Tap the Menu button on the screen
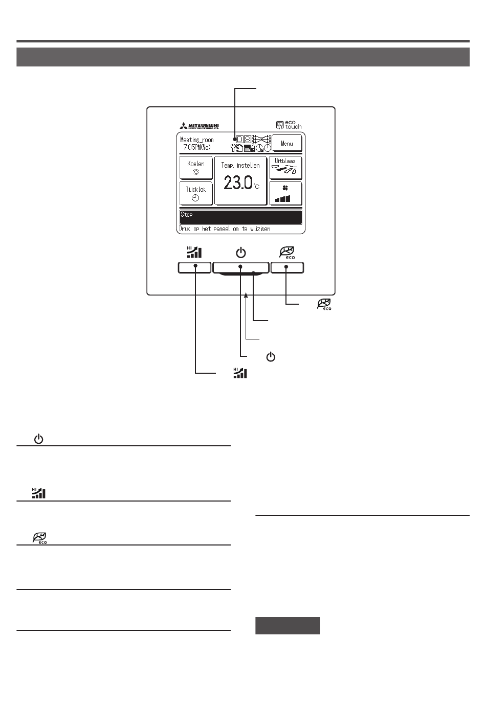(x=286, y=143)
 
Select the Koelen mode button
(x=195, y=168)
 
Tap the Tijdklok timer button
(x=195, y=193)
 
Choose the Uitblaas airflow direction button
(x=285, y=167)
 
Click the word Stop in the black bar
(x=187, y=215)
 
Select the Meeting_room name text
(x=197, y=140)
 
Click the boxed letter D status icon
(x=239, y=139)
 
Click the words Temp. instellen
(x=240, y=166)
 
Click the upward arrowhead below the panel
(x=246, y=295)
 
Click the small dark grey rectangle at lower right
(x=288, y=626)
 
